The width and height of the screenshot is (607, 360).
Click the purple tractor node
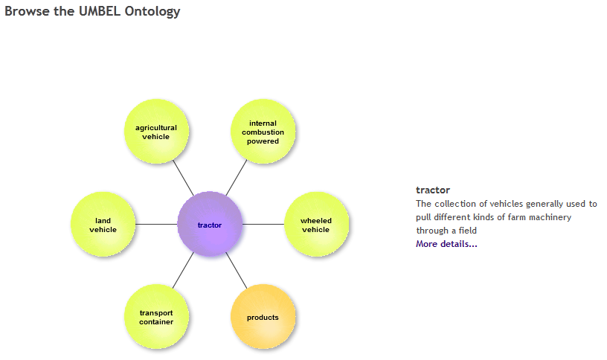pos(210,224)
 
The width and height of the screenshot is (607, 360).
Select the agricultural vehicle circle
pos(156,131)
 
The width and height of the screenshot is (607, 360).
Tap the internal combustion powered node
pos(263,131)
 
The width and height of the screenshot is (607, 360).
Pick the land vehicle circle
pos(103,224)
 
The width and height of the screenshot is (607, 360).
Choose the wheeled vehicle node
pos(317,224)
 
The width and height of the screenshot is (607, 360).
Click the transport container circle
pos(156,317)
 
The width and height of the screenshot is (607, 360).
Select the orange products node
pos(263,317)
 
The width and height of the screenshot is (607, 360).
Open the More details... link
pos(446,244)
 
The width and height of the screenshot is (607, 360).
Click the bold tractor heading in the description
pos(433,190)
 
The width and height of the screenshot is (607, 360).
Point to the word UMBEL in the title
pos(100,11)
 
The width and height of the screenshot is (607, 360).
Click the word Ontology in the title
pos(152,12)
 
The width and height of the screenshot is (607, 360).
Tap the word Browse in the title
pos(27,11)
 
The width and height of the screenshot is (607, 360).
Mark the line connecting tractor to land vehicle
pos(156,224)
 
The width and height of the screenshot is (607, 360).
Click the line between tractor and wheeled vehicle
pos(263,224)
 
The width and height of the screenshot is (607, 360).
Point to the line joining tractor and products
pos(237,271)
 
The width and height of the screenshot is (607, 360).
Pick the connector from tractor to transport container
pos(183,271)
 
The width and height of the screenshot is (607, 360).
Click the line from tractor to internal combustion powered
pos(237,178)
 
